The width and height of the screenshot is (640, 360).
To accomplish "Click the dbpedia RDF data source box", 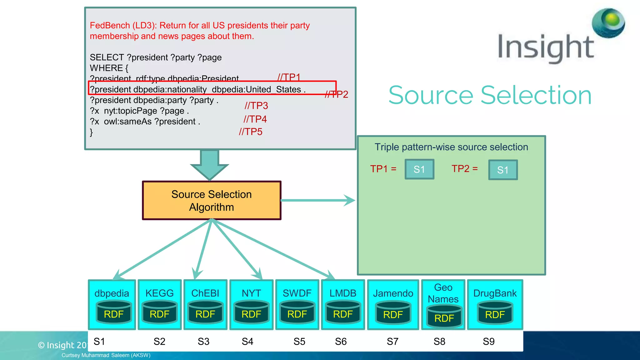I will pos(112,304).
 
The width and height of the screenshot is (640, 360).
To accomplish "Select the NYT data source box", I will pos(251,304).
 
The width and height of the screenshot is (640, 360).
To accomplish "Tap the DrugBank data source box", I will pos(495,304).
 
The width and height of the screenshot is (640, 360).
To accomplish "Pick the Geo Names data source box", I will pos(443,304).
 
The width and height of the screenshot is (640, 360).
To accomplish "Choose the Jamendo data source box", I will pos(393,304).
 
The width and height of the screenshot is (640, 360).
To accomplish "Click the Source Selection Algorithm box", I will pos(212,201).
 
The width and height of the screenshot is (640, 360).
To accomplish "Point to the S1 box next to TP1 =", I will pos(419,169).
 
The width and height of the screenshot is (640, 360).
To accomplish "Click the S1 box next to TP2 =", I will pos(503,170).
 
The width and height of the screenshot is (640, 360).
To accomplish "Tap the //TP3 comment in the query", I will pos(256,106).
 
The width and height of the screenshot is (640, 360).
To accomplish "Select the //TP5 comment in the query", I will pos(251,132).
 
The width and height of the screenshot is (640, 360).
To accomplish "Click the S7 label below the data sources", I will pos(392,342).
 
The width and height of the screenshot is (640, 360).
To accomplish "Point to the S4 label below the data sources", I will pos(247,342).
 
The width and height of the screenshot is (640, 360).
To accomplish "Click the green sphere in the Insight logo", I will pos(608,22).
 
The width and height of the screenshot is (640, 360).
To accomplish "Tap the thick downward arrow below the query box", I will pos(209,164).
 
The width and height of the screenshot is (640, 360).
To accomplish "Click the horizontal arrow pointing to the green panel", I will pos(317,200).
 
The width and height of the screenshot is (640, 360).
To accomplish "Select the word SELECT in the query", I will pos(107,57).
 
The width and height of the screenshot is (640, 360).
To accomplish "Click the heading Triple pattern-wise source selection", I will pos(451,147).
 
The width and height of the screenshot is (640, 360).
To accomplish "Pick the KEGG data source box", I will pos(159,304).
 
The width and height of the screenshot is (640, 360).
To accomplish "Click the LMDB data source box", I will pos(343,304).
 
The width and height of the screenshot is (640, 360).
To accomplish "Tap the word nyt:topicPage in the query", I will pos(131,111).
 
